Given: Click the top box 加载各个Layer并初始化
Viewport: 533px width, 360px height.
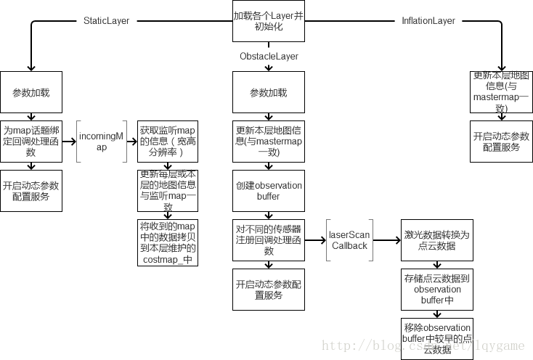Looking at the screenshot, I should (268, 20).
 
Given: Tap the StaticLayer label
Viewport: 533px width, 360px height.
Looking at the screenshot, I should (106, 20).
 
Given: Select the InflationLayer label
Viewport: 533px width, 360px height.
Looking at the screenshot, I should (428, 20).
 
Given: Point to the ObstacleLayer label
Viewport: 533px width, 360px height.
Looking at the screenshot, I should (269, 56).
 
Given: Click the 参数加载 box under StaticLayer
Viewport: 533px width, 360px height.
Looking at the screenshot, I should (31, 92).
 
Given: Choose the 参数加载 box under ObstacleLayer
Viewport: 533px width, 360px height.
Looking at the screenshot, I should (269, 92).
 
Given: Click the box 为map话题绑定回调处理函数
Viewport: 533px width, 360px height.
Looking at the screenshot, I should (31, 141).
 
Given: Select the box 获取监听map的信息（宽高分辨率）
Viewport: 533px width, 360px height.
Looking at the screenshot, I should (168, 141).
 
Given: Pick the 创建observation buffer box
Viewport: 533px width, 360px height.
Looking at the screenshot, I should (269, 190).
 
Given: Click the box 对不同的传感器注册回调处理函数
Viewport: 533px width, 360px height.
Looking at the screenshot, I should (269, 240).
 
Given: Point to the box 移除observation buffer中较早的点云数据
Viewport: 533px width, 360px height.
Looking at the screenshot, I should (436, 337).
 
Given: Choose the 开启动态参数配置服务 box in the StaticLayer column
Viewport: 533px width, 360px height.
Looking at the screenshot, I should (31, 190).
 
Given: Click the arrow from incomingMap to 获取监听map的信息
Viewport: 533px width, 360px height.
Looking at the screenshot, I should (131, 141).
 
